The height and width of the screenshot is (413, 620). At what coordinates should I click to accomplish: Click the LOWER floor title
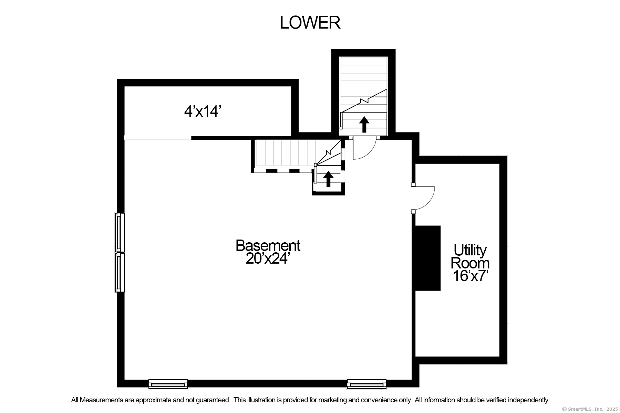click(310, 23)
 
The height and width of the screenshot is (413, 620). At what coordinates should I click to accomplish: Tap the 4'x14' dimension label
click(202, 112)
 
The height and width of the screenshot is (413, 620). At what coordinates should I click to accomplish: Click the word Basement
click(268, 245)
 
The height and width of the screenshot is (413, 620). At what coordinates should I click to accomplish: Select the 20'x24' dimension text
click(266, 258)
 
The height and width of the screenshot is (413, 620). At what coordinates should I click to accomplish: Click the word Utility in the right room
click(470, 250)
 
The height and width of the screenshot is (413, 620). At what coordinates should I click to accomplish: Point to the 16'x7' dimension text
click(471, 276)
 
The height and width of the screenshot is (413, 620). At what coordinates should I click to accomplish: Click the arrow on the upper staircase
click(364, 124)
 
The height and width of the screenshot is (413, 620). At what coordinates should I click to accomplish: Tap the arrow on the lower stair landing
click(328, 179)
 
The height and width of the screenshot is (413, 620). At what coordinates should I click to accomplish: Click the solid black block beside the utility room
click(427, 258)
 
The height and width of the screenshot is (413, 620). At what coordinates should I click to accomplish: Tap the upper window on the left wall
click(119, 233)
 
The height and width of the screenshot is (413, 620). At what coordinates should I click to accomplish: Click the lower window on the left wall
click(119, 272)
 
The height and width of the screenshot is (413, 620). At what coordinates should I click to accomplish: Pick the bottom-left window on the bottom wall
click(168, 384)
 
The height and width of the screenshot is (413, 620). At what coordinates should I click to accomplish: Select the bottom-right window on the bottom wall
click(366, 384)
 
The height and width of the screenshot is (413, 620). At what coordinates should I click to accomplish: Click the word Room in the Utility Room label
click(470, 263)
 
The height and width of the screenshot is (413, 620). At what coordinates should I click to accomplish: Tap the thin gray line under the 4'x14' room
click(157, 139)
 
